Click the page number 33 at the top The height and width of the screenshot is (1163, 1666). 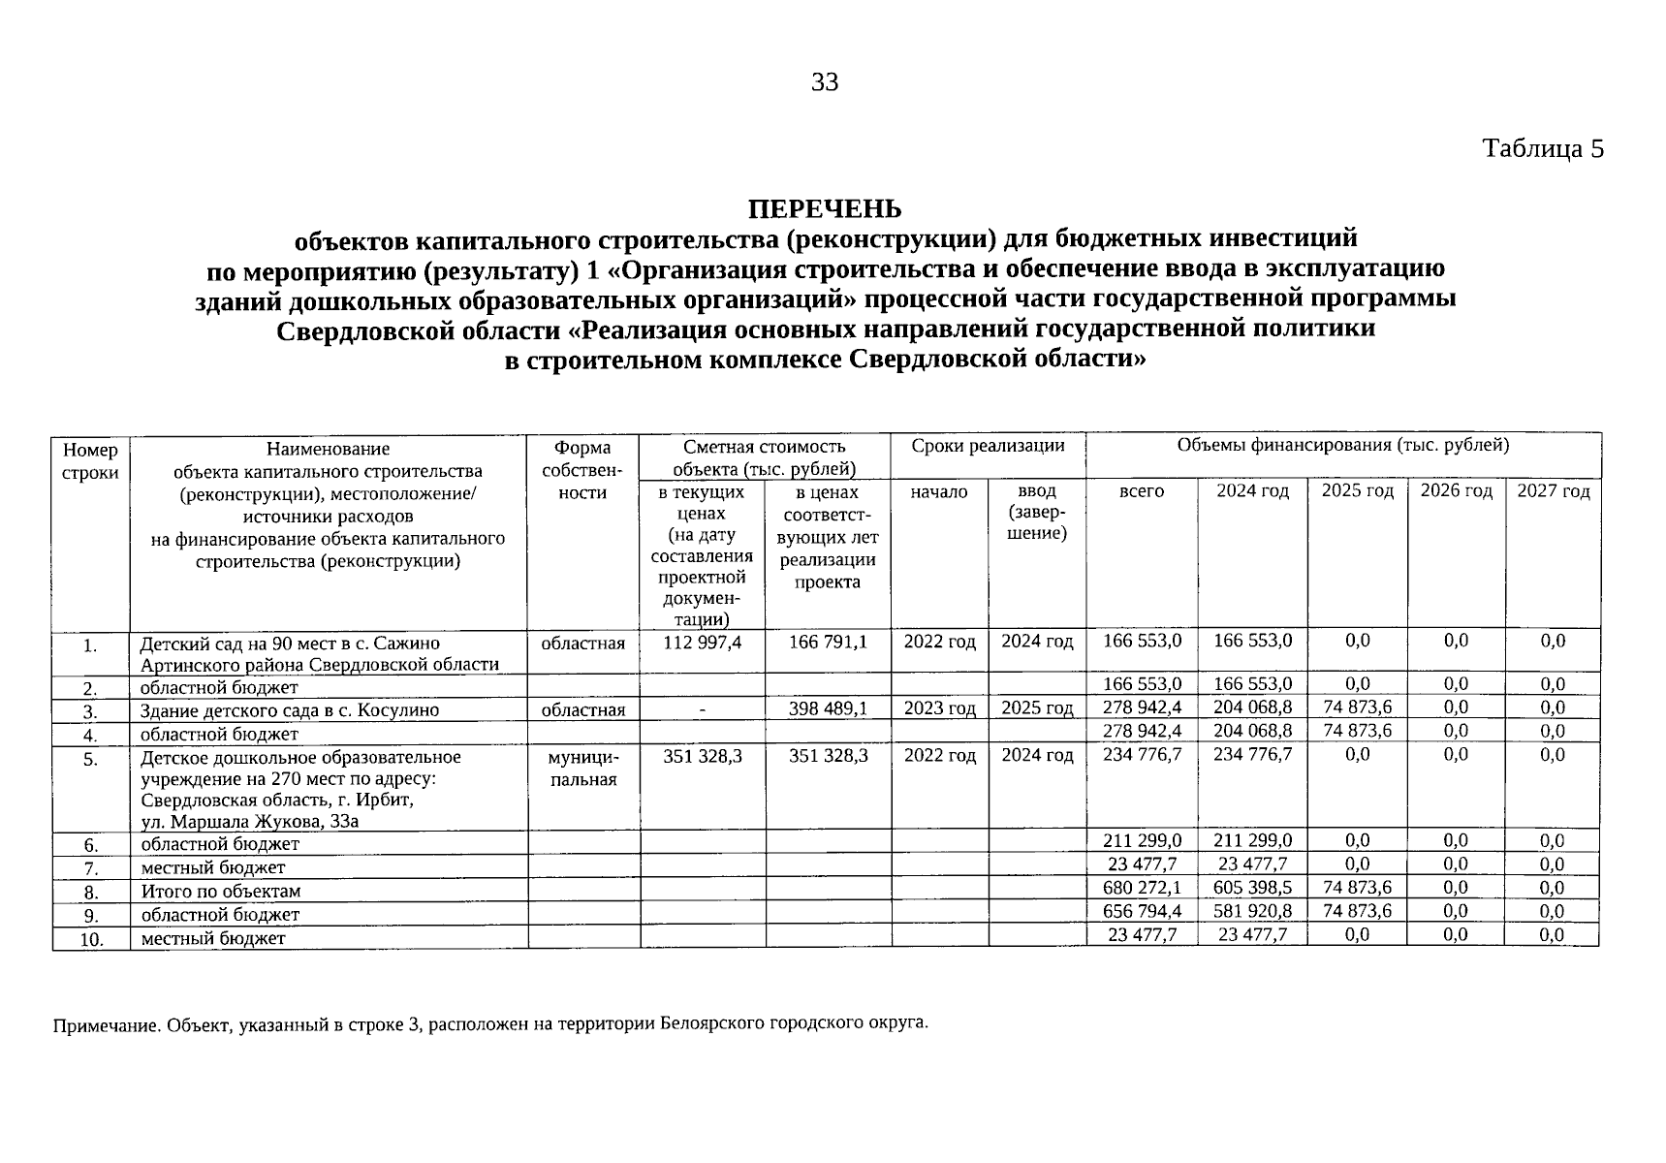(x=825, y=82)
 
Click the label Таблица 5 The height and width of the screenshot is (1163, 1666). (x=1543, y=148)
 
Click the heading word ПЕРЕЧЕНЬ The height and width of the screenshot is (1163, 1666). (x=825, y=208)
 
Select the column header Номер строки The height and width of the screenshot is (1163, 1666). (x=90, y=460)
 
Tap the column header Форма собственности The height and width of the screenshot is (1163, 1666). (x=582, y=470)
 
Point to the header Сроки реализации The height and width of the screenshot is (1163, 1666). (x=988, y=446)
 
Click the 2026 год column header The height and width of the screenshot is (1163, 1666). (x=1456, y=491)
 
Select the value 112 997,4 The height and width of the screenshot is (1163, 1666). (x=702, y=642)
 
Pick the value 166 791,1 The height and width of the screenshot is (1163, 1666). (x=828, y=642)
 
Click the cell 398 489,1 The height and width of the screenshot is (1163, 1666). (x=828, y=708)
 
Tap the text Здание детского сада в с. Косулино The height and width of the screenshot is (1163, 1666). (x=289, y=710)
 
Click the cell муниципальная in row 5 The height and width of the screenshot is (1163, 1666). (x=582, y=768)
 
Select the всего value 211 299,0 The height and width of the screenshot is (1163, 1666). (x=1142, y=841)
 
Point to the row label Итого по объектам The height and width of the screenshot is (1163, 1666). (x=221, y=891)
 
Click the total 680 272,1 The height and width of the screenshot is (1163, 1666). (x=1142, y=888)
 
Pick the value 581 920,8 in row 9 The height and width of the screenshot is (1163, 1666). (x=1252, y=911)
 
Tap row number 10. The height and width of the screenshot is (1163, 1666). (x=91, y=938)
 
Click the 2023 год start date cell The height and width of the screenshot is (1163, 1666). (x=939, y=708)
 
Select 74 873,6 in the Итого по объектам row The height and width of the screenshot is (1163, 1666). (x=1357, y=888)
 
